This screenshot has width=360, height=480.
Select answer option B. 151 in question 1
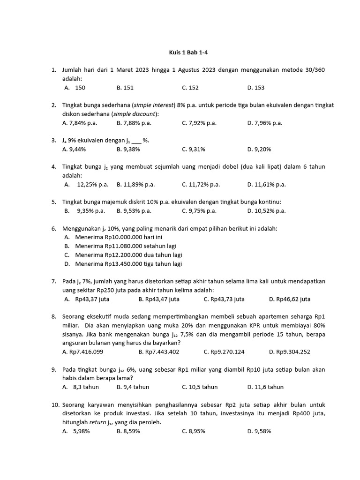pos(125,88)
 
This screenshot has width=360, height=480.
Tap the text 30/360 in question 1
pos(314,70)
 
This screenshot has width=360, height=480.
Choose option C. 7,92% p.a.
pos(199,123)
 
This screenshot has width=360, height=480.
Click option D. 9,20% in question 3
pos(259,149)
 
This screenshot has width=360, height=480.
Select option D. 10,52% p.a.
pos(266,210)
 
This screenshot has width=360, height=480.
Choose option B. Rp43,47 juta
pos(159,299)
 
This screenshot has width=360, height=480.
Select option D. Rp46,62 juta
pos(290,299)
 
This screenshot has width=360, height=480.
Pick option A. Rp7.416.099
pos(83,352)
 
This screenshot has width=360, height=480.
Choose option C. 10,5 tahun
pos(200,387)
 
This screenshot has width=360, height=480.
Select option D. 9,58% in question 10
pos(259,431)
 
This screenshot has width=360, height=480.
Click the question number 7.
pos(53,281)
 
